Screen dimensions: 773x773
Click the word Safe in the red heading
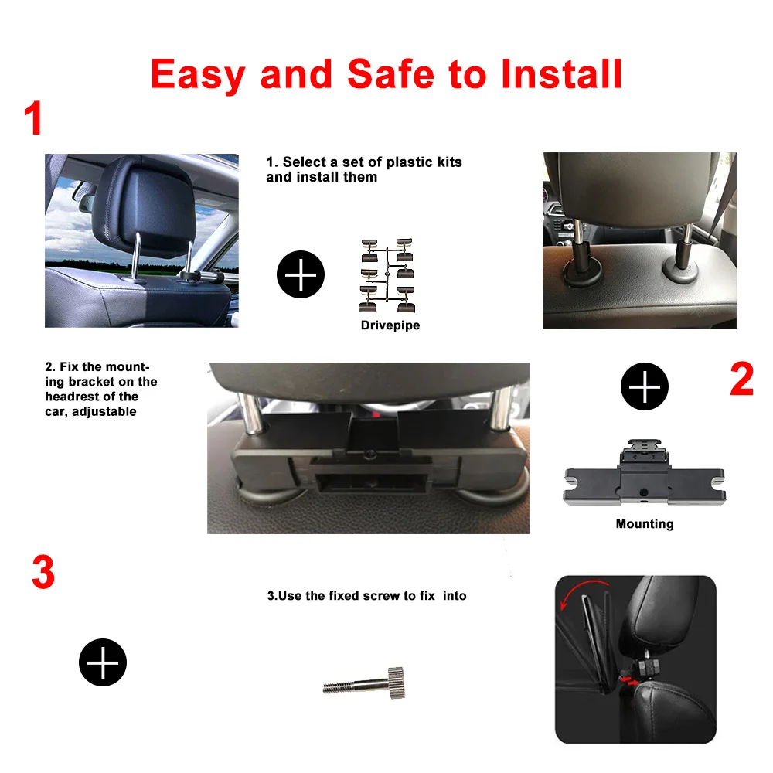[390, 74]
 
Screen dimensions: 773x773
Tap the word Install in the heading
[561, 74]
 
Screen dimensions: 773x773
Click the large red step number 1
[33, 118]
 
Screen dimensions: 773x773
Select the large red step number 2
[741, 379]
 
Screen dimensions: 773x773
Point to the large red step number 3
[43, 572]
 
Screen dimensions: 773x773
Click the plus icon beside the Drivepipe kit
[301, 274]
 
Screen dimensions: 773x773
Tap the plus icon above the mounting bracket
[645, 386]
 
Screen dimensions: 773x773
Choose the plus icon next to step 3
[103, 662]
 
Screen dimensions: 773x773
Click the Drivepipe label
[390, 325]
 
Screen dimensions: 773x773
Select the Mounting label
[645, 524]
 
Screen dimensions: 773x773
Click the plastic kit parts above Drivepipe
[387, 275]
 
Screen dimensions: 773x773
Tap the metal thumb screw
[364, 683]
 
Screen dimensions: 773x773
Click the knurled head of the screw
[396, 683]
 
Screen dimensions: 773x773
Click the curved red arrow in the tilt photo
[582, 590]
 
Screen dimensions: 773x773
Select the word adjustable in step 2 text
[104, 412]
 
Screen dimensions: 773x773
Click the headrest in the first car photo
[144, 206]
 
